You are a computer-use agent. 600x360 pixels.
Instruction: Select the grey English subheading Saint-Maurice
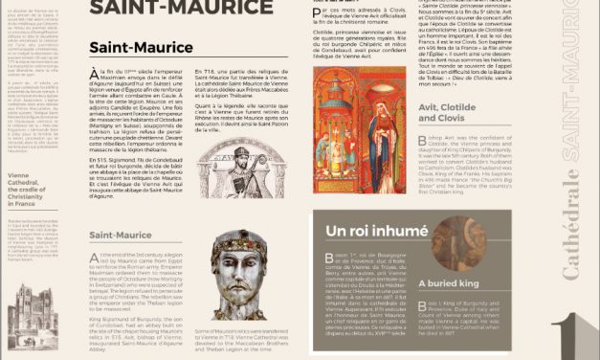(121, 235)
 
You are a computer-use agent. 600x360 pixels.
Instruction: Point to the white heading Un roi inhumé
(376, 232)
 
